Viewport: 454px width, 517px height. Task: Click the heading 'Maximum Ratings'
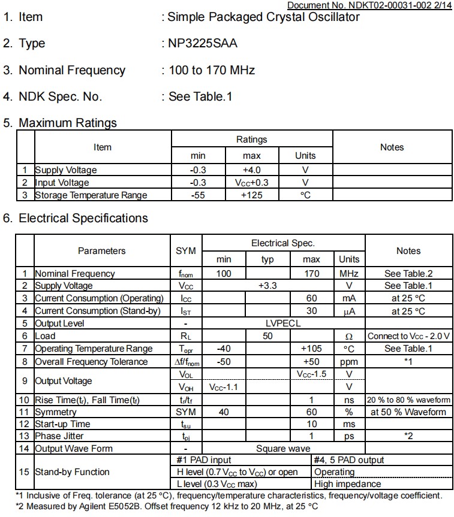click(x=68, y=123)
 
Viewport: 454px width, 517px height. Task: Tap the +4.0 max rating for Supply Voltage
click(x=251, y=170)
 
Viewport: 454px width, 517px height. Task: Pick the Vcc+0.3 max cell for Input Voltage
click(x=251, y=183)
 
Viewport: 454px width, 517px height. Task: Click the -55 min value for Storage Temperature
click(x=198, y=195)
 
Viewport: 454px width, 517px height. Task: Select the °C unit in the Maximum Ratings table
click(x=305, y=195)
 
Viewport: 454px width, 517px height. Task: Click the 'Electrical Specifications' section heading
click(x=83, y=218)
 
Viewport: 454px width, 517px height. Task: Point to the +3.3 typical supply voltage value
click(x=267, y=286)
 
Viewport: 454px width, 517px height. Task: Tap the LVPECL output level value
click(x=283, y=323)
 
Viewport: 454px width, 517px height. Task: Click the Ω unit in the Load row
click(x=349, y=336)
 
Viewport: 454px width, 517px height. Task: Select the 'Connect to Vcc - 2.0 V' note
click(x=409, y=336)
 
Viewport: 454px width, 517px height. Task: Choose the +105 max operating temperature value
click(x=311, y=349)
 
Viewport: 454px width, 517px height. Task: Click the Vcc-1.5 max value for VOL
click(x=311, y=374)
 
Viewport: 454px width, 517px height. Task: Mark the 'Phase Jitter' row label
click(x=59, y=436)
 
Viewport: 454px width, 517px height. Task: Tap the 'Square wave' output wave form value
click(x=283, y=449)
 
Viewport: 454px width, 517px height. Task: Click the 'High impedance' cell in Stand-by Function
click(x=347, y=484)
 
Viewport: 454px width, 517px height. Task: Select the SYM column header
click(x=185, y=251)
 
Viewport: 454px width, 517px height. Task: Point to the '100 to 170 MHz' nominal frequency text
click(x=212, y=71)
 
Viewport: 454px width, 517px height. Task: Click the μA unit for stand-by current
click(x=349, y=311)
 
